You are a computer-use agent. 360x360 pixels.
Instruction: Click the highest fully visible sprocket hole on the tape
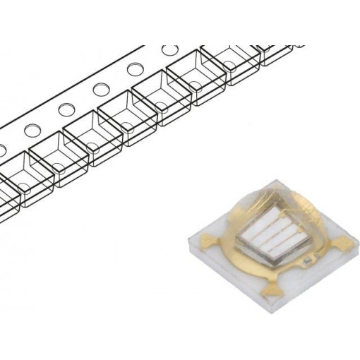(x=169, y=52)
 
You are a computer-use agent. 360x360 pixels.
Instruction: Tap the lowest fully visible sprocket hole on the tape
(x=31, y=131)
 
